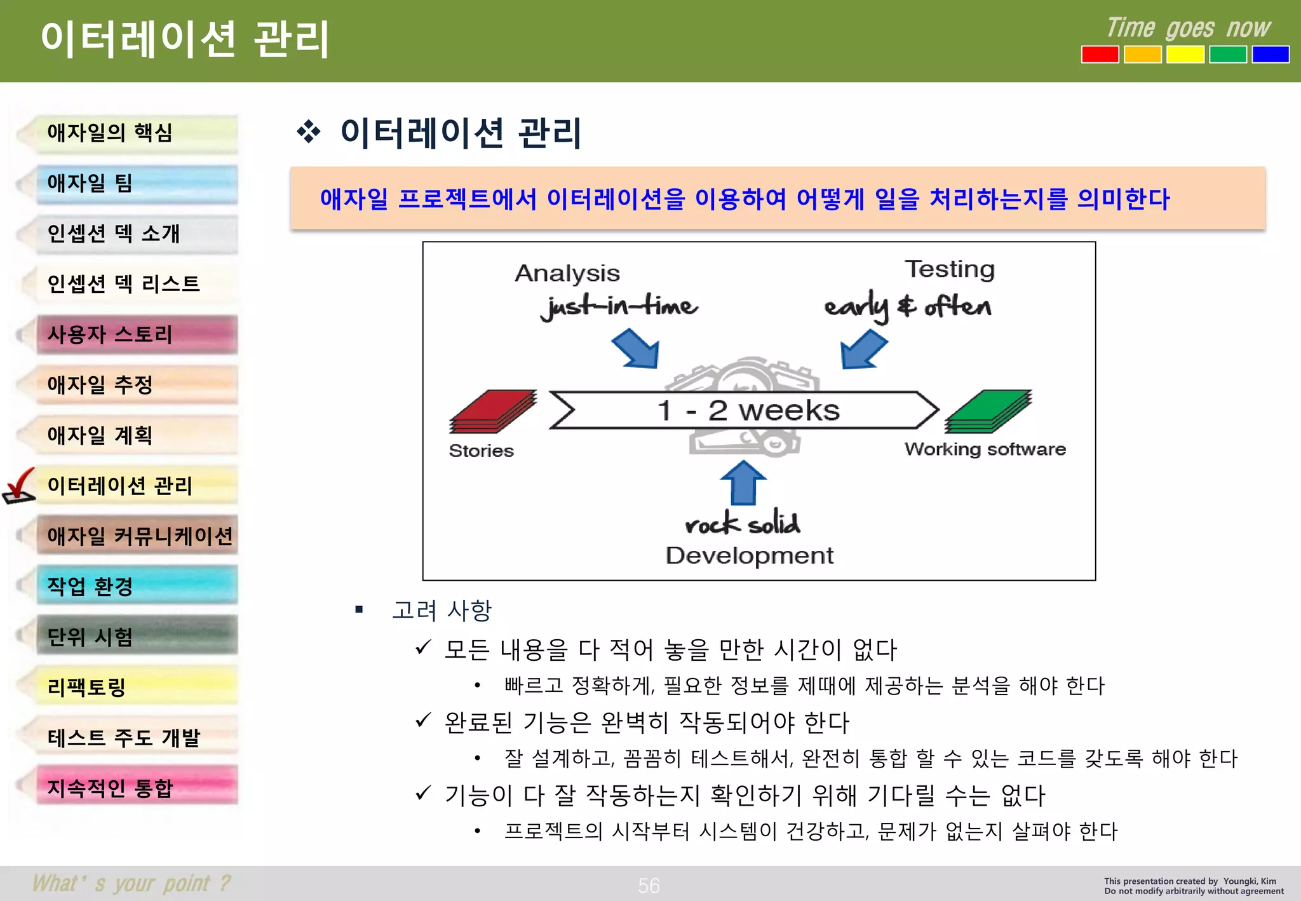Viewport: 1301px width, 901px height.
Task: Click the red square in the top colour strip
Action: (x=1100, y=55)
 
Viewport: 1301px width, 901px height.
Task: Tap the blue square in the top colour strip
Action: (x=1270, y=55)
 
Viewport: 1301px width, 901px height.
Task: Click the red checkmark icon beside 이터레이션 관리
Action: (x=19, y=486)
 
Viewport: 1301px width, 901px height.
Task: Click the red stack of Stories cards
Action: (x=493, y=412)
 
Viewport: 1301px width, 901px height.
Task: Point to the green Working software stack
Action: (x=988, y=412)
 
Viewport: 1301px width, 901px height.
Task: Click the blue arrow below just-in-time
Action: (x=637, y=348)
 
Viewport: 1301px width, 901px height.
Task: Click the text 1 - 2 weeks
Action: (x=748, y=410)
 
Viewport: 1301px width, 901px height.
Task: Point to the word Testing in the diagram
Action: (x=949, y=269)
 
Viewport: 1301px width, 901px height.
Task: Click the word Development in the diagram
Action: (x=749, y=555)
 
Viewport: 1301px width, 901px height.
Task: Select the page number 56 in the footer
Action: (x=649, y=885)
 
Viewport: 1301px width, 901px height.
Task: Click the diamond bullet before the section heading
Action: (x=309, y=132)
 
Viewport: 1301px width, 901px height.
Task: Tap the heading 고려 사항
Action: (x=442, y=610)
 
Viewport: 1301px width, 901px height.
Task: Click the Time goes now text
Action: (x=1188, y=29)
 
